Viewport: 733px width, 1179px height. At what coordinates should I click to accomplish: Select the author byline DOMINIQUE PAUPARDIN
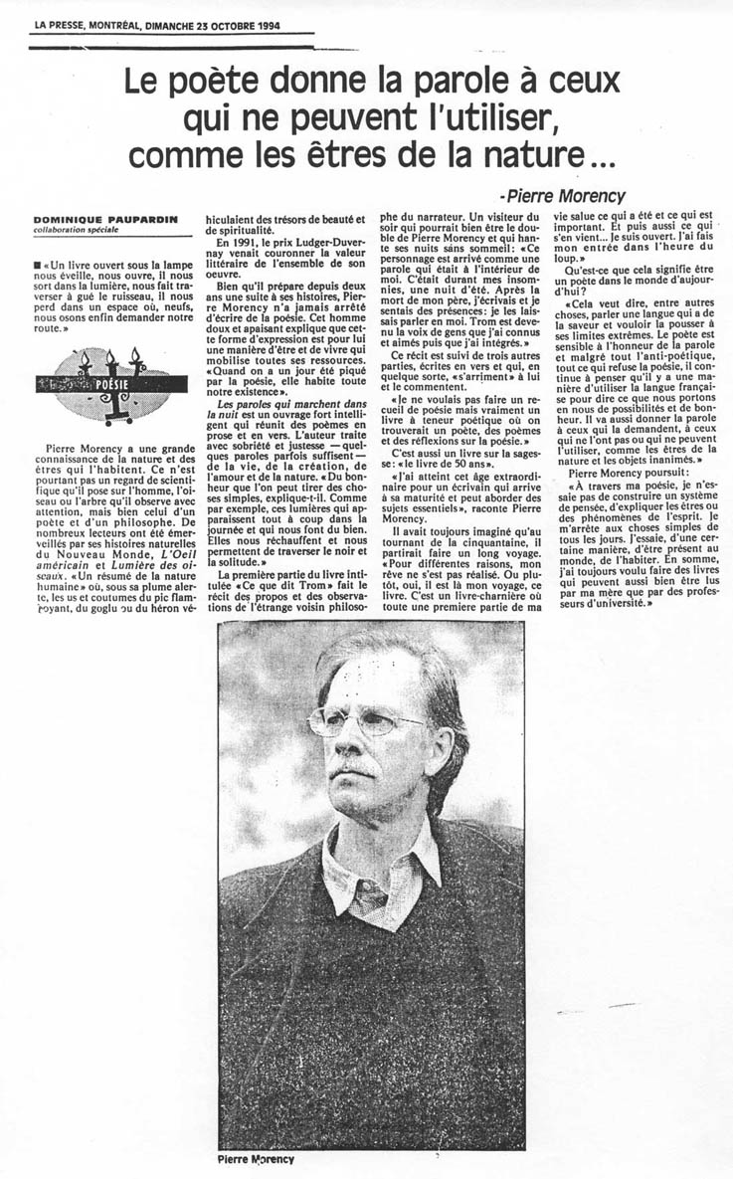[92, 219]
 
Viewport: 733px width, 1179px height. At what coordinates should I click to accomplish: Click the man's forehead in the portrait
[363, 677]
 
